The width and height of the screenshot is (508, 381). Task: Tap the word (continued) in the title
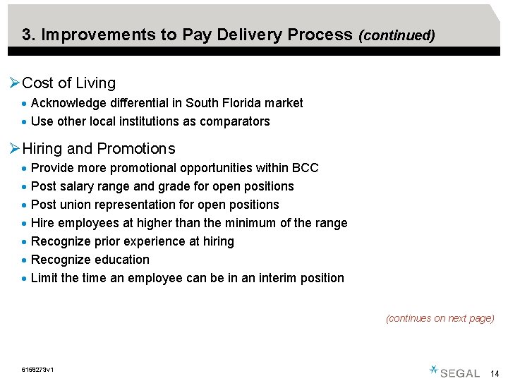coord(397,35)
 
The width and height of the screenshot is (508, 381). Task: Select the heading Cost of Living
coord(68,83)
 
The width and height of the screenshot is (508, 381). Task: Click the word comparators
coord(235,121)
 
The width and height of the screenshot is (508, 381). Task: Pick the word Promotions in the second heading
coord(135,149)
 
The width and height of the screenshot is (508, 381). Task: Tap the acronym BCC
coord(306,168)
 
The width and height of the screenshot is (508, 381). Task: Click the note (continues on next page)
coord(440,319)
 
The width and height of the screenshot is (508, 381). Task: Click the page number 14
coord(494,373)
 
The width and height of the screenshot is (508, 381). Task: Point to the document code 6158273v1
coord(39,370)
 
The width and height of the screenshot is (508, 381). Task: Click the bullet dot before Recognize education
coord(25,260)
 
